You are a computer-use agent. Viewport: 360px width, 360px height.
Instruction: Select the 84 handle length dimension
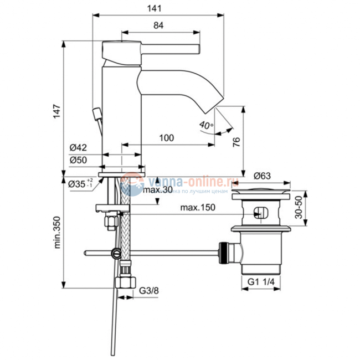(158, 25)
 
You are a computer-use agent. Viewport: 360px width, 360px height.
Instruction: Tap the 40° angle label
(206, 126)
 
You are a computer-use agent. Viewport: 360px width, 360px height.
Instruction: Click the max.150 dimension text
(197, 208)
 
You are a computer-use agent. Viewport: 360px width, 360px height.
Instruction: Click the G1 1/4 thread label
(260, 281)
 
